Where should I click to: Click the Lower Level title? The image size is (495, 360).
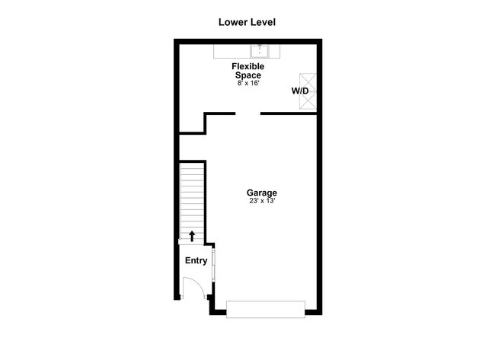pos(247,22)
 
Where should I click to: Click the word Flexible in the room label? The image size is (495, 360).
pos(248,67)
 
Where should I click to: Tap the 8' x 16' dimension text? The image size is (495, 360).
pos(248,83)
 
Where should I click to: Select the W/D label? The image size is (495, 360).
pos(299,91)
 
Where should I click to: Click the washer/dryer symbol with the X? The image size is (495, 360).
pos(308,91)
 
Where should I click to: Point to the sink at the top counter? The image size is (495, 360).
pos(260,51)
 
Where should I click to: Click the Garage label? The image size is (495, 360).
pos(261,193)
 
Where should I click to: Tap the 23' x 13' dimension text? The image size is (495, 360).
pos(261,201)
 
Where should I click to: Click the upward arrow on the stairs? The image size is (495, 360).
pos(192,236)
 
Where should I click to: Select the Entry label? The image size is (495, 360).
pos(196,260)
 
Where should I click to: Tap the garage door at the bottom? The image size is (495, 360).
pos(266,309)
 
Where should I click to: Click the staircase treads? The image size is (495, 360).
pos(192,198)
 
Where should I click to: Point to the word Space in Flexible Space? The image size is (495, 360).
pos(248,75)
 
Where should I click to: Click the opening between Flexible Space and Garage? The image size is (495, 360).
pos(247,113)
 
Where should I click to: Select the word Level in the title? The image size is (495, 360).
pos(261,22)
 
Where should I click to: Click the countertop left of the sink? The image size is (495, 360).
pos(233,51)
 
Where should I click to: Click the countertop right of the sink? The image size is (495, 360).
pos(276,51)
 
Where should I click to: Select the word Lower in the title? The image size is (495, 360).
pos(232,22)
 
